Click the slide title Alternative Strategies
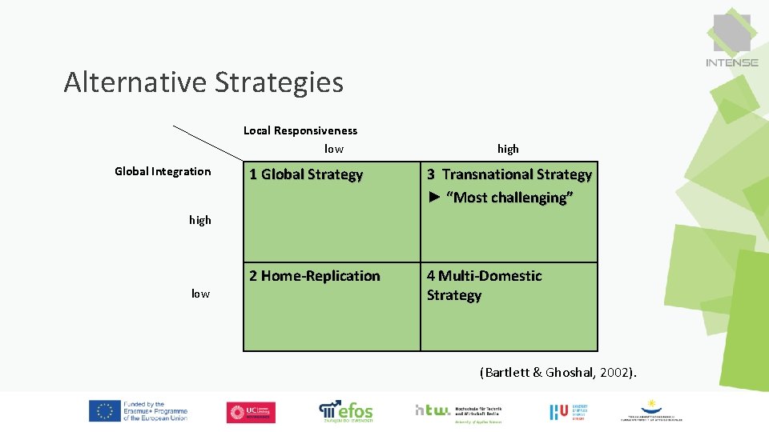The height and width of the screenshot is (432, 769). [203, 82]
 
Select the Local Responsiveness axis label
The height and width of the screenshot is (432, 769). [300, 130]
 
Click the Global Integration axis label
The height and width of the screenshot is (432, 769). [163, 171]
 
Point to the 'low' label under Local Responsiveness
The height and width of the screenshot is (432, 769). [333, 149]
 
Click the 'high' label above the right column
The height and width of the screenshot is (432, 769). [508, 149]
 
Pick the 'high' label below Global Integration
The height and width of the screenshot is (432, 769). [200, 220]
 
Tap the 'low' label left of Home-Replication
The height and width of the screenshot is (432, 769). [200, 294]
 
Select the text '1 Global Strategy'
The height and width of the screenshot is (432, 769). [306, 174]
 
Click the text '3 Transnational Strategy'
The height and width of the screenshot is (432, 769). [509, 174]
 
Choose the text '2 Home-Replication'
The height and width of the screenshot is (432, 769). [315, 276]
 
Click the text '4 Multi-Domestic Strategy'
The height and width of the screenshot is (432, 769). [484, 286]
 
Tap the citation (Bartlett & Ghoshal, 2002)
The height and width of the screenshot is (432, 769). [558, 373]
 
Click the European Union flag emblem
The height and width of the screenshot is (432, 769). [104, 411]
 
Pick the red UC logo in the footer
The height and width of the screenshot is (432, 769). [251, 412]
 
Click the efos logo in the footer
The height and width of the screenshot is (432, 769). [346, 411]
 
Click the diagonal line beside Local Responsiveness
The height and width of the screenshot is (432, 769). [207, 143]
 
